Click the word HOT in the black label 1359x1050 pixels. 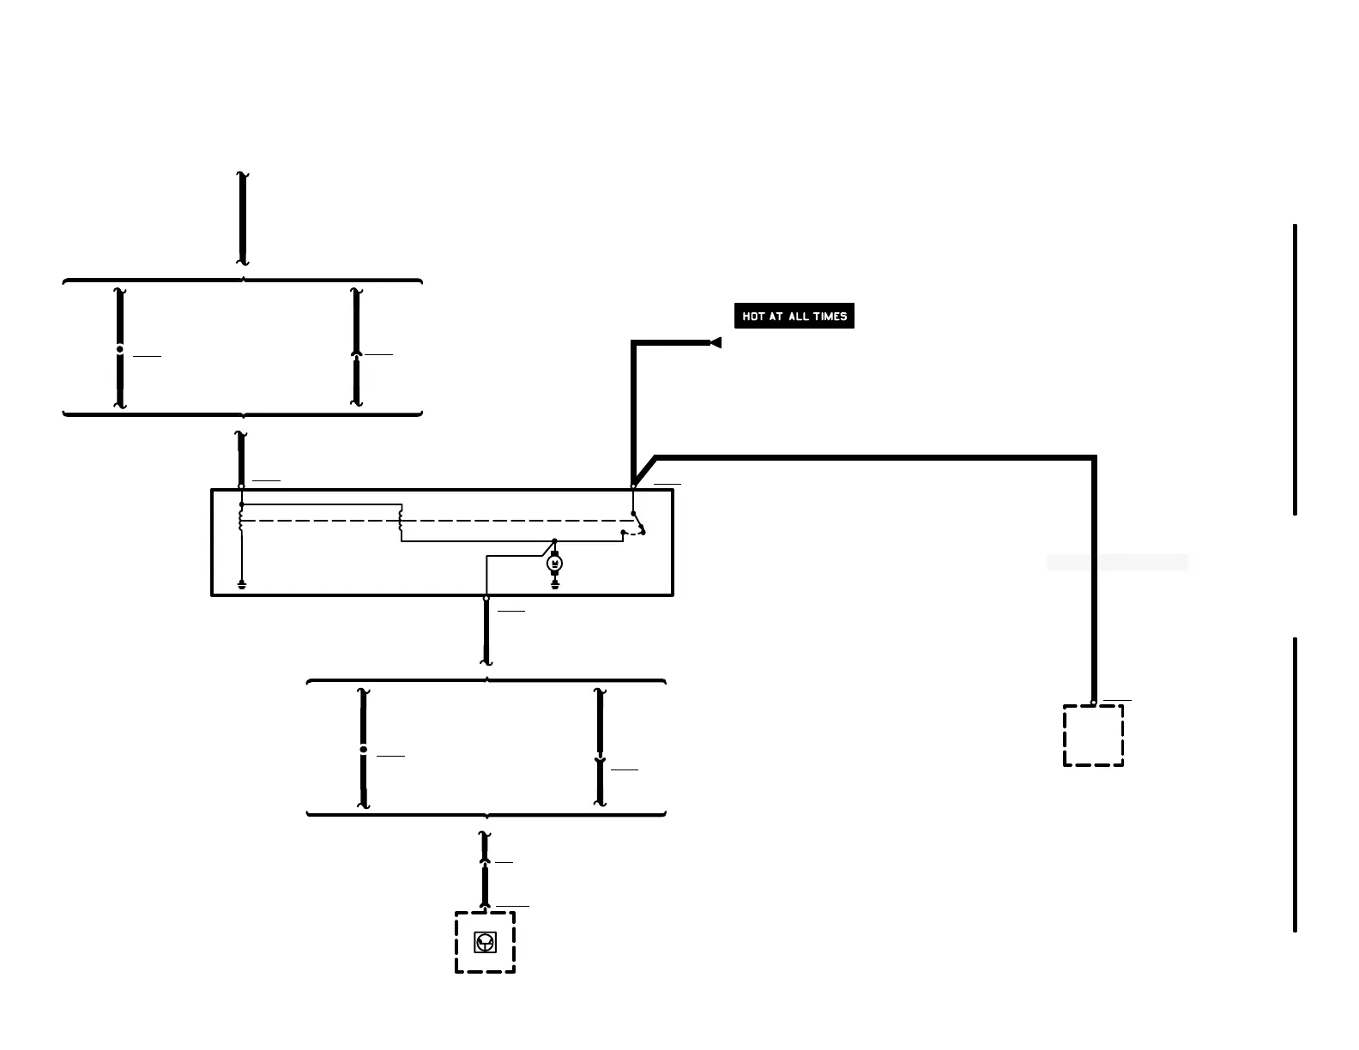click(x=753, y=317)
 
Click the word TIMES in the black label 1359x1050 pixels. click(x=830, y=317)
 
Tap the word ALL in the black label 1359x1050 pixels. click(x=798, y=317)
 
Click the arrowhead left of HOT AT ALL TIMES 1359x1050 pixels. click(x=716, y=343)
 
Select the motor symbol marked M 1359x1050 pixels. click(x=554, y=564)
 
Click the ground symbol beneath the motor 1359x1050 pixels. click(x=554, y=585)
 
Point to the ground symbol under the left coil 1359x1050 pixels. click(x=242, y=586)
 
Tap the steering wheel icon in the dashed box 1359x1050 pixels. click(x=485, y=944)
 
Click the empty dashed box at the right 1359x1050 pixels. click(x=1093, y=736)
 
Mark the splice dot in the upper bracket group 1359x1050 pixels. click(x=120, y=349)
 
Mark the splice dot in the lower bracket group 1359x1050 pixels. click(x=363, y=750)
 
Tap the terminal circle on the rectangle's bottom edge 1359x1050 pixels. click(x=486, y=598)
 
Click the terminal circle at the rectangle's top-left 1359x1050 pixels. click(x=241, y=486)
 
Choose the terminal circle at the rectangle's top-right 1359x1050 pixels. click(x=633, y=486)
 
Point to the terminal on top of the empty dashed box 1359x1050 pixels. click(x=1093, y=703)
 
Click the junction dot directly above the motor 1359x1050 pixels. click(x=554, y=541)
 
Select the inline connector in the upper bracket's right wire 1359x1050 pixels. click(x=356, y=353)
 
